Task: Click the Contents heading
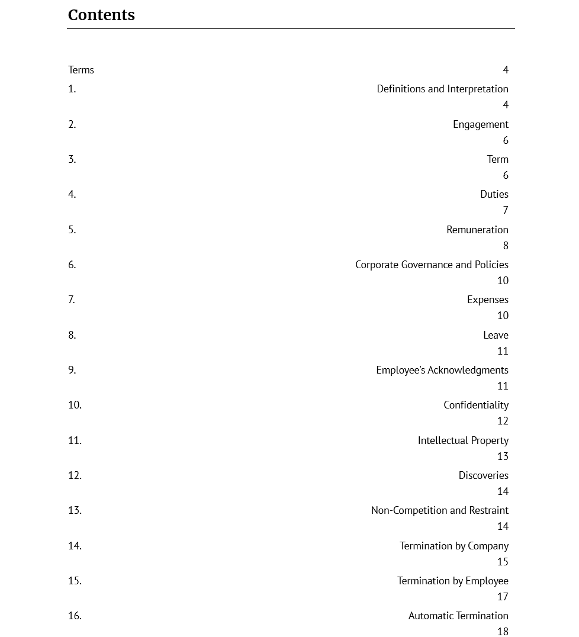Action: (x=101, y=15)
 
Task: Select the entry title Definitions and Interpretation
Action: (x=442, y=89)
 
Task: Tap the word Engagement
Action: (x=480, y=124)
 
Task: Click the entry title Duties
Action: (x=494, y=194)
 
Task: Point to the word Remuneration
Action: (x=477, y=230)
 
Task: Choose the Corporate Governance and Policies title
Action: (x=432, y=265)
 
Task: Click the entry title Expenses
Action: (x=487, y=300)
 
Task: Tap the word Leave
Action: (x=496, y=335)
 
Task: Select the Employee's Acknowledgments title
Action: (x=442, y=370)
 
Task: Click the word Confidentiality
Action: (x=476, y=405)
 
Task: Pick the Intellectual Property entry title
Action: (x=463, y=440)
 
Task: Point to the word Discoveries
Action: (x=483, y=475)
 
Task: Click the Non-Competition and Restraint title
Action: (x=439, y=510)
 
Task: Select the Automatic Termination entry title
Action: (x=458, y=616)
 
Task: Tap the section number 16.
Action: (x=75, y=616)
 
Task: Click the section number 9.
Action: (x=72, y=370)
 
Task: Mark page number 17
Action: (x=503, y=597)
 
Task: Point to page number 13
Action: (x=503, y=456)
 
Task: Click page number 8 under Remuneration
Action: (x=506, y=246)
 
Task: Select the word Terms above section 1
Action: (x=81, y=70)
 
